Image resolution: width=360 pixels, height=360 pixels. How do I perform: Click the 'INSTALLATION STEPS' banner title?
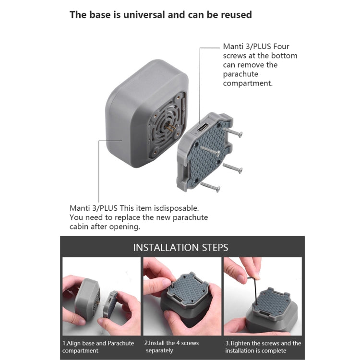tap(180, 248)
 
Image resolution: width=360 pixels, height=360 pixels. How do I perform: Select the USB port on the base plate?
tap(202, 129)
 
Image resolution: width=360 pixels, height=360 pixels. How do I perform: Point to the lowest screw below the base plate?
tap(210, 186)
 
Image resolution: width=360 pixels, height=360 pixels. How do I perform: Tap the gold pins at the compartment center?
tap(169, 128)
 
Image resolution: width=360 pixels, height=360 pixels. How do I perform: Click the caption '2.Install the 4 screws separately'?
tap(172, 347)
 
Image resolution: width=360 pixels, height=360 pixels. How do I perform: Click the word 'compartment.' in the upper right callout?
tap(248, 83)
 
